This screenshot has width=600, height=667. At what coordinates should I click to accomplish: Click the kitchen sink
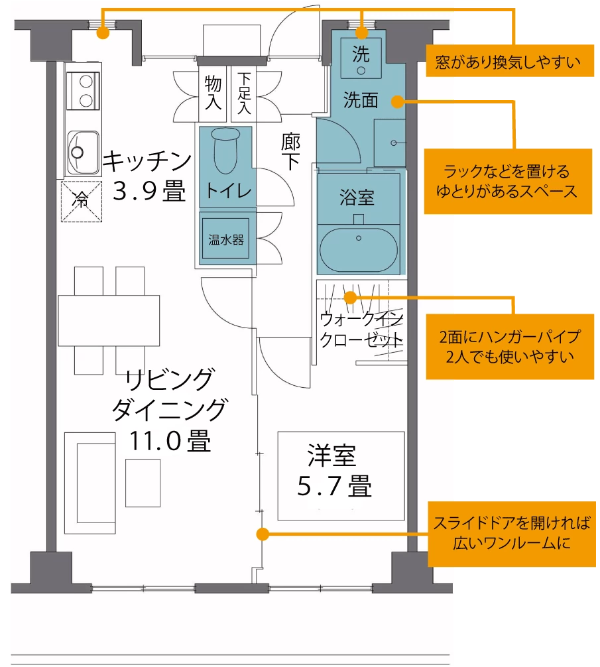point(84,152)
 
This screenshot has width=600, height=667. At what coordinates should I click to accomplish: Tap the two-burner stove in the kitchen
point(84,91)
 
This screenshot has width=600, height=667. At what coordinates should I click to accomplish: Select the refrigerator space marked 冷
point(82,201)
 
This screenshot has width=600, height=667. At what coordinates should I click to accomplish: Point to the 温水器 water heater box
point(225,239)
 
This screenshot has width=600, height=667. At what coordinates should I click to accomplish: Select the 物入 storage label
point(213,93)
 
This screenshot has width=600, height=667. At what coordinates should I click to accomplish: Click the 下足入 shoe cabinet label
point(244,93)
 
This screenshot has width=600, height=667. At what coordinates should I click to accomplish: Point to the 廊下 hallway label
point(291,151)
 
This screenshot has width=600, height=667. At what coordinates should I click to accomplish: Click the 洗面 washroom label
point(361,100)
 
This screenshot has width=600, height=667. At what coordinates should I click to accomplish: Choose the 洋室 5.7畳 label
point(334,471)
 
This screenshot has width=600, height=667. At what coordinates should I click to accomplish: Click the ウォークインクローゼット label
point(361,329)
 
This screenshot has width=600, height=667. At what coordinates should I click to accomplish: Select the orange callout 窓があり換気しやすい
point(510,61)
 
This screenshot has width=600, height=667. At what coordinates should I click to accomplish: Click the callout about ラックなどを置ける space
point(508,181)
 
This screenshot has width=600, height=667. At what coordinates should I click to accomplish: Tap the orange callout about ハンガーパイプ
point(510,347)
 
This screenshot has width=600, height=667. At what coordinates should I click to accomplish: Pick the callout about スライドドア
point(512,534)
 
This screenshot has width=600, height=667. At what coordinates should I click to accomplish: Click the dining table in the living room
point(109,320)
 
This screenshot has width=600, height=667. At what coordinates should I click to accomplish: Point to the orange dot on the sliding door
point(263,534)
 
